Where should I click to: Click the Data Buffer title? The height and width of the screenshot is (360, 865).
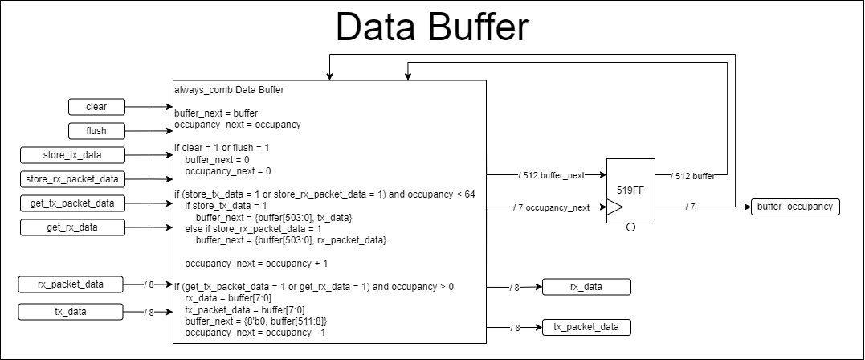432,28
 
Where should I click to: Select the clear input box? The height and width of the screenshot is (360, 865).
96,106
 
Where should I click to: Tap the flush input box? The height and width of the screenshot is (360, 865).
96,130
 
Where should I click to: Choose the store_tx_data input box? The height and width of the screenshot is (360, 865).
72,154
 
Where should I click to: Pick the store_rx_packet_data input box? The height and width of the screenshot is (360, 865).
72,178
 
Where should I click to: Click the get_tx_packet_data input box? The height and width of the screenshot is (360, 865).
72,203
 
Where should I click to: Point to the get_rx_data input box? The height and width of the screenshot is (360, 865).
72,227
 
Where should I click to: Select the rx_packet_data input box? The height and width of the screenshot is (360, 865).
72,284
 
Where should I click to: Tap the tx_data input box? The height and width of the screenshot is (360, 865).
72,312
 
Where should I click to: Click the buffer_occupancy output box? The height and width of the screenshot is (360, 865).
796,207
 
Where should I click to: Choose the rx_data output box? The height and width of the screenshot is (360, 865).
586,286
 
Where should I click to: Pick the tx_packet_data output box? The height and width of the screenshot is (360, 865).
586,327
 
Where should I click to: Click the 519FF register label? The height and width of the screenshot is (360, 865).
630,190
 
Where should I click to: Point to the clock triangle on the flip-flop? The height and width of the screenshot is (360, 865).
614,207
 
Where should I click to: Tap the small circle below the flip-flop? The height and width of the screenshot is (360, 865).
630,227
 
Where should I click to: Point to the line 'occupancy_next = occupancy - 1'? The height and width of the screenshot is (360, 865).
255,332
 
